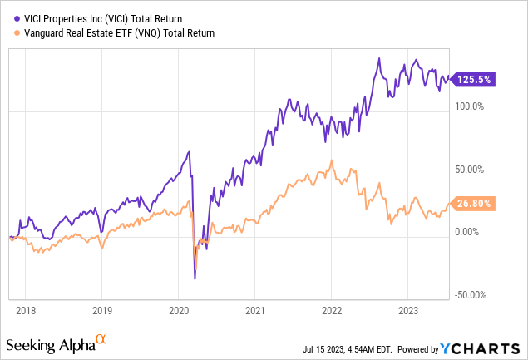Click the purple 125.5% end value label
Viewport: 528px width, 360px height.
[x=474, y=80]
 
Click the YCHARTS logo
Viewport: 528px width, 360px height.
[x=487, y=344]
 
